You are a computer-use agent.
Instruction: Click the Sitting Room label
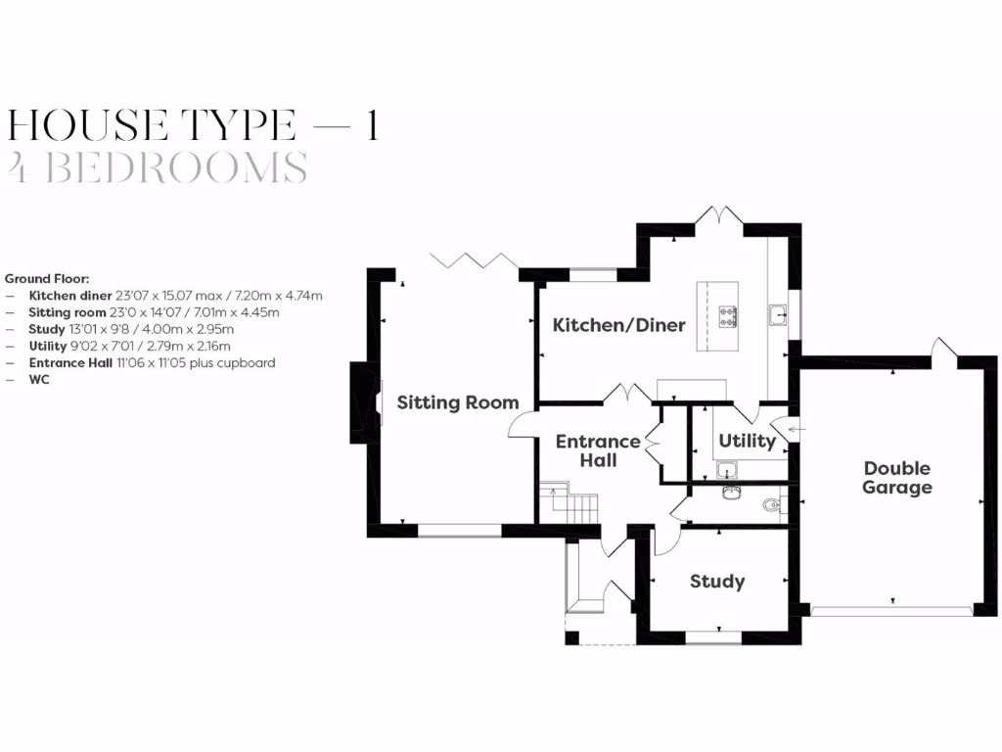(457, 402)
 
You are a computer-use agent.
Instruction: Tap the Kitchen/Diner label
(618, 325)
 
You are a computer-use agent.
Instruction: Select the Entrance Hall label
(598, 450)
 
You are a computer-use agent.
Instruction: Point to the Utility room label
(747, 441)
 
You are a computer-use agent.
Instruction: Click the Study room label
(716, 582)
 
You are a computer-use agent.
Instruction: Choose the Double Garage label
(896, 478)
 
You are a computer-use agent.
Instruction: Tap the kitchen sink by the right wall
(779, 315)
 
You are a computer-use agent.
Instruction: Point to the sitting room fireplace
(362, 402)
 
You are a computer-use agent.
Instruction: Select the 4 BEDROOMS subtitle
(157, 168)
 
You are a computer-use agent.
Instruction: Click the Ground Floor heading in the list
(47, 279)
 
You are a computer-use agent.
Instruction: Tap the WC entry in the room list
(39, 379)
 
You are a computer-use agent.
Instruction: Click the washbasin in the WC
(728, 491)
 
